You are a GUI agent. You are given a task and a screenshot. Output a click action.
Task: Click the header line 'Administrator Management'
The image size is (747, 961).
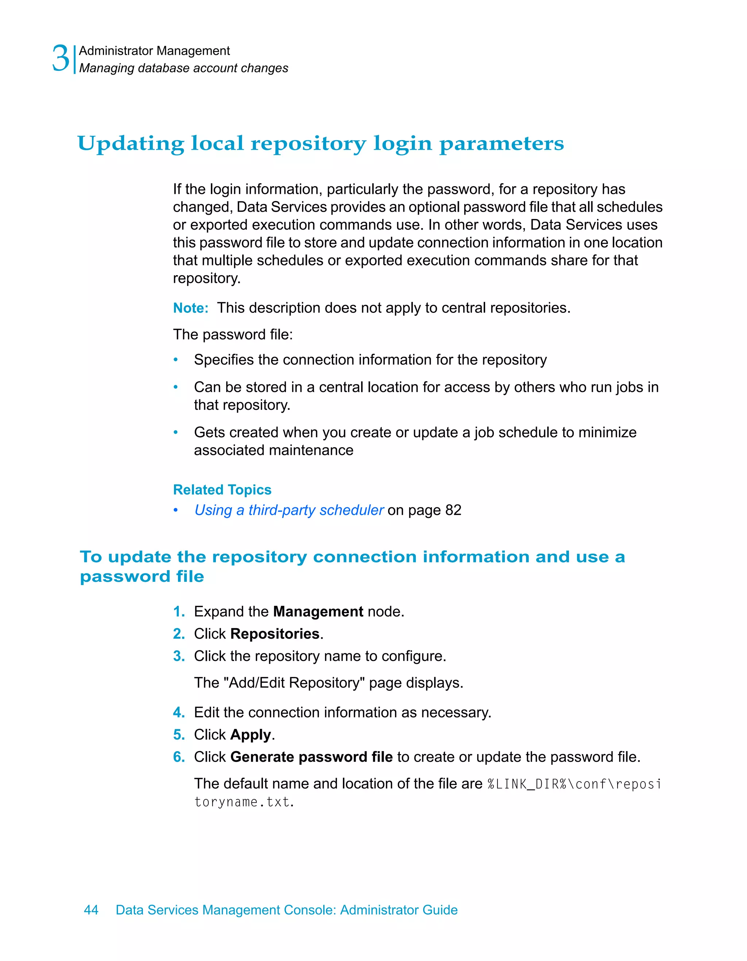(x=154, y=51)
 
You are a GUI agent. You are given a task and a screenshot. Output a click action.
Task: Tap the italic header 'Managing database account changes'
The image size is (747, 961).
(x=183, y=68)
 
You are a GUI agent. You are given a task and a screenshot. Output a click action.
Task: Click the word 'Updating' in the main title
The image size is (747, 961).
(x=130, y=144)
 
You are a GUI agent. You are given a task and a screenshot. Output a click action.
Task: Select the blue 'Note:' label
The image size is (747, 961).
(x=190, y=308)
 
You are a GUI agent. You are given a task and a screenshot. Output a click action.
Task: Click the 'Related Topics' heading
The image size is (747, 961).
(x=222, y=490)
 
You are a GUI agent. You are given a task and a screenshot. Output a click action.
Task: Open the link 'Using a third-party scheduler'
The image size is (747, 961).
(x=289, y=510)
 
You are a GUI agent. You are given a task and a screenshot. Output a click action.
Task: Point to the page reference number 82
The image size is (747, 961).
(x=453, y=510)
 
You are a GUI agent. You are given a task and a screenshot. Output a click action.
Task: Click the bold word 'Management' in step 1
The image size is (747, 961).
(x=318, y=612)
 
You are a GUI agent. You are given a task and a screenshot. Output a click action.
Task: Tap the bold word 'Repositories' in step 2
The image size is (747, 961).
(x=275, y=634)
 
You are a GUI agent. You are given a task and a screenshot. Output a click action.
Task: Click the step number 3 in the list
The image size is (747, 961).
(x=178, y=656)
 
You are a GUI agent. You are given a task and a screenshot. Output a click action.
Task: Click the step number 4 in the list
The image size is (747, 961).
(x=178, y=712)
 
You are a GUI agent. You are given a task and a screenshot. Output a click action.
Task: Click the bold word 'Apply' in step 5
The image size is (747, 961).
(x=251, y=735)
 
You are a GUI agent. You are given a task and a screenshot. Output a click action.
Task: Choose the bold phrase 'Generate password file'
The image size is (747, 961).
(x=311, y=757)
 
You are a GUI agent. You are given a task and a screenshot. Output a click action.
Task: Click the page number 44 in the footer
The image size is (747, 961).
(x=91, y=910)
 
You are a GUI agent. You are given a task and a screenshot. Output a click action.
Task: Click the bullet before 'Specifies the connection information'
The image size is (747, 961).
(x=175, y=360)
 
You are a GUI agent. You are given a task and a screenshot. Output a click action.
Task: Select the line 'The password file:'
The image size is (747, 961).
(x=233, y=335)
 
